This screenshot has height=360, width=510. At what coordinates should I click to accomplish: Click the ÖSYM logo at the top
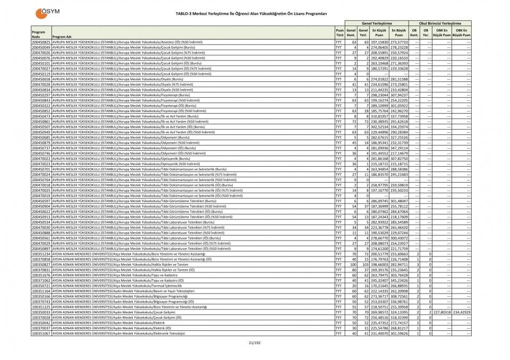46,12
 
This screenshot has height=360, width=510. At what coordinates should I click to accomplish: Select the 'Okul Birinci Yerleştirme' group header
439,23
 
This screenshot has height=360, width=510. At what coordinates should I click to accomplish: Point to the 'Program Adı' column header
62,37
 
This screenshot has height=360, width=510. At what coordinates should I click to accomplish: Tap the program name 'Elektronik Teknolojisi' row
133,333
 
